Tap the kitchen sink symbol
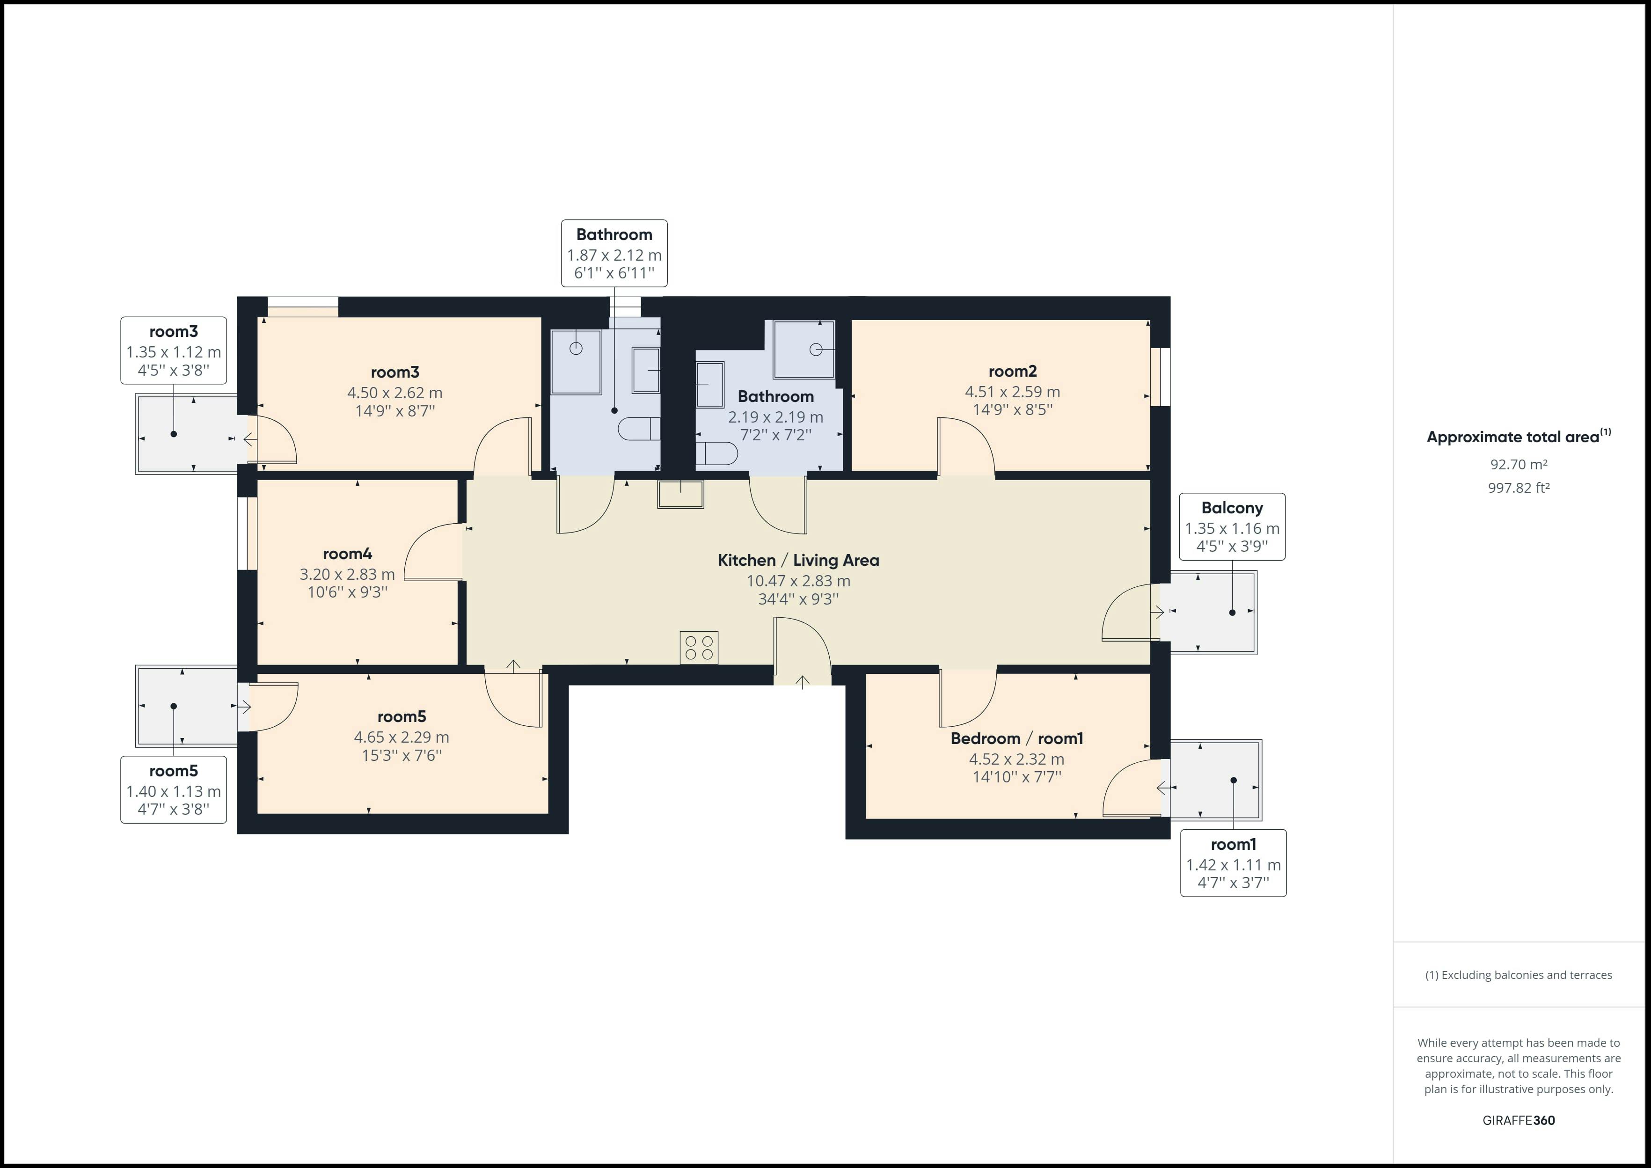click(x=680, y=495)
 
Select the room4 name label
click(x=347, y=554)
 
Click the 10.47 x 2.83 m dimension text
click(x=798, y=581)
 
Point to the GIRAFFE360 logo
click(x=1518, y=1121)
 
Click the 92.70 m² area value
click(x=1518, y=465)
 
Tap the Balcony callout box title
click(x=1232, y=508)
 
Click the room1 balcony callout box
click(x=1233, y=863)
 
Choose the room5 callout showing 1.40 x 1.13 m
click(x=173, y=790)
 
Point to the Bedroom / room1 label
click(x=1016, y=738)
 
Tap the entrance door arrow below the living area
click(x=803, y=681)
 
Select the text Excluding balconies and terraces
click(x=1518, y=975)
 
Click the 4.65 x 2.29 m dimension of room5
click(x=401, y=737)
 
